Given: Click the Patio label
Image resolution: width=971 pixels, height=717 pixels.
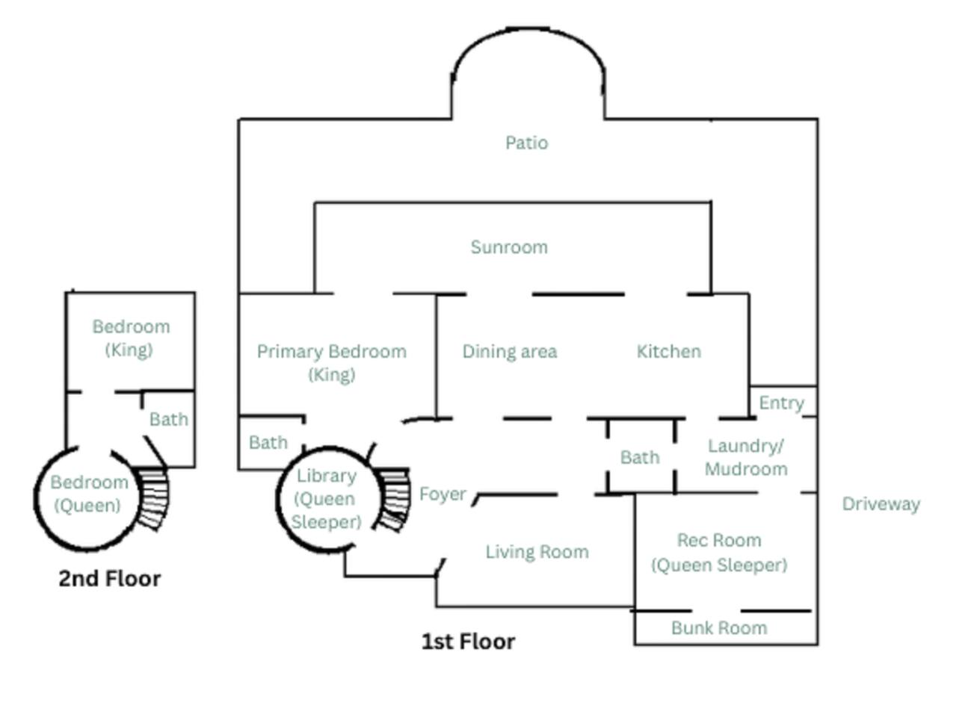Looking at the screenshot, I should tap(526, 143).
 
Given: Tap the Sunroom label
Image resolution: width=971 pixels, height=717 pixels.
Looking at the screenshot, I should tap(509, 247).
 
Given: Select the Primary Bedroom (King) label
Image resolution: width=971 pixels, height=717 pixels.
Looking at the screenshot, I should tap(331, 362).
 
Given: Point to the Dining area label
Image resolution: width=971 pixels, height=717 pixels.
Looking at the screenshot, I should tap(509, 352).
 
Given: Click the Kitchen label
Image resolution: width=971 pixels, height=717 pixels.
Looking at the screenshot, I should tap(668, 352).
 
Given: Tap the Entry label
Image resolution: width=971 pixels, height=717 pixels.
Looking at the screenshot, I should tap(781, 403).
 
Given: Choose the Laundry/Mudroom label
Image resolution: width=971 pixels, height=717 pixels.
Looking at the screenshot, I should tap(746, 457).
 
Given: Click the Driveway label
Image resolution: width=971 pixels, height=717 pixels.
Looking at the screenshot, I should tap(881, 504).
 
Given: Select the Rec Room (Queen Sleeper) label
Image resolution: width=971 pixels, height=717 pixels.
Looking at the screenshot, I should tap(719, 552).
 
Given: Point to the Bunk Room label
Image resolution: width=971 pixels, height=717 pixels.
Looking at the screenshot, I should tap(719, 628).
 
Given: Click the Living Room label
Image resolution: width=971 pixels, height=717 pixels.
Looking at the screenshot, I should tap(537, 552).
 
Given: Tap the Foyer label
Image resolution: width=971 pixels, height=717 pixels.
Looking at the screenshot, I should tap(443, 494).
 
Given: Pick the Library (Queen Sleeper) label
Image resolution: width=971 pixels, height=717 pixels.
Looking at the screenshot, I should tap(326, 498).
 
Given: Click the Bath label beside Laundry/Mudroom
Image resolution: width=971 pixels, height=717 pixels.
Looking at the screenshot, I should tap(640, 457).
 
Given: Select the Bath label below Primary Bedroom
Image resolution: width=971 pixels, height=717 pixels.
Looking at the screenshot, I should tap(268, 443).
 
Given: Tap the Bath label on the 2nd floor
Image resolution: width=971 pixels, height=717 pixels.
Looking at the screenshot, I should tap(168, 420).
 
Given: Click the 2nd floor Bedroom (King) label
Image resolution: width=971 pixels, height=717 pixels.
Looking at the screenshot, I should tap(131, 338).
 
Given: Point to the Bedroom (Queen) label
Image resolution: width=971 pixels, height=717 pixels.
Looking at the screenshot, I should tap(88, 494).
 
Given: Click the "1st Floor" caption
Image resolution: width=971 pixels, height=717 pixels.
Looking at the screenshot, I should tap(468, 642).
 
